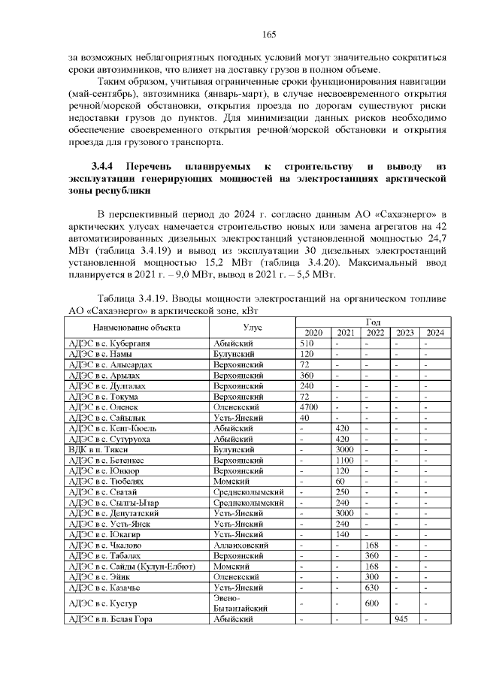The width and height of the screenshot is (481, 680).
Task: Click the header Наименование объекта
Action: pos(136,328)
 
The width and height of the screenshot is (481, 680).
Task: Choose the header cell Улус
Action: pos(252,328)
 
